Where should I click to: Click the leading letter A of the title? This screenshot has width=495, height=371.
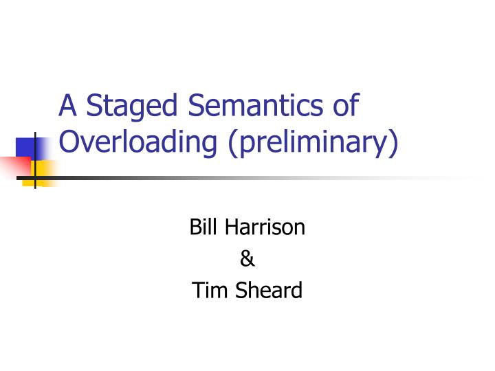click(x=67, y=106)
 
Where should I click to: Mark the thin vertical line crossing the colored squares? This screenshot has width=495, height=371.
click(x=34, y=158)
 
